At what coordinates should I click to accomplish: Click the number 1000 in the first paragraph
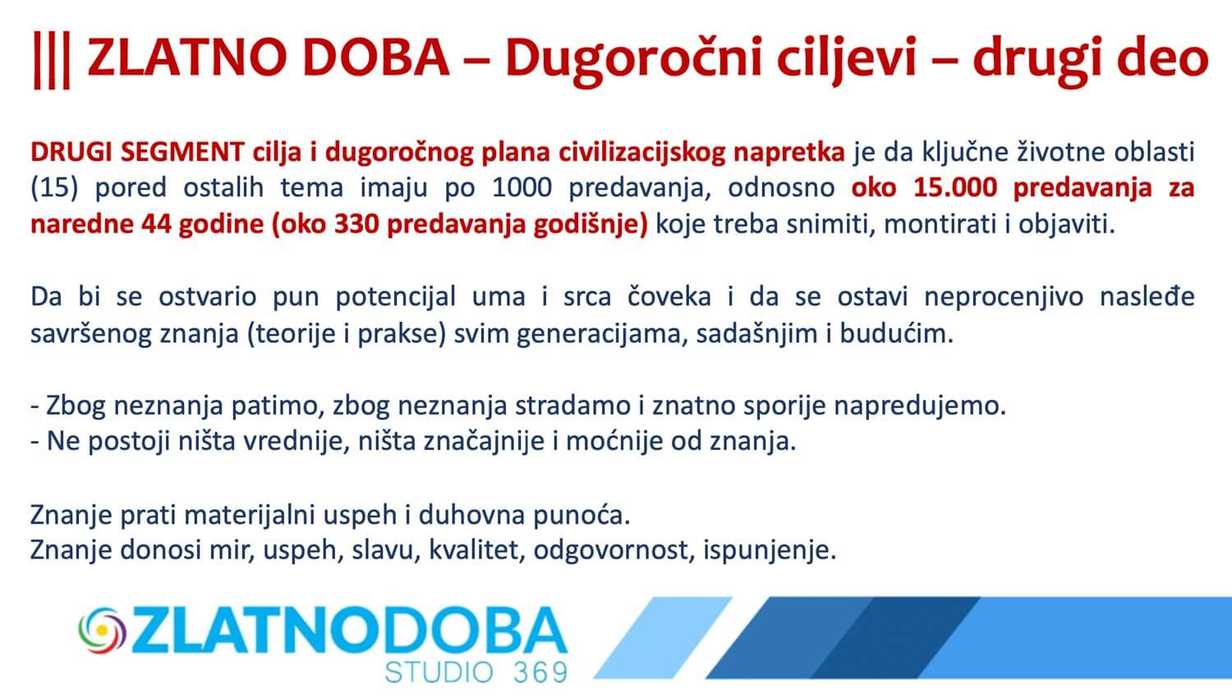click(522, 188)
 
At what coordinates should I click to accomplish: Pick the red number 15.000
click(955, 188)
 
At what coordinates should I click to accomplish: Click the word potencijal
click(395, 297)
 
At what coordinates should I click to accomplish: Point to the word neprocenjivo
click(1004, 297)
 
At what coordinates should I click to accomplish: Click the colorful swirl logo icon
click(103, 631)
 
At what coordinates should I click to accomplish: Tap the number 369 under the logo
click(540, 673)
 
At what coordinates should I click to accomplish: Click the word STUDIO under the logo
click(439, 673)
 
